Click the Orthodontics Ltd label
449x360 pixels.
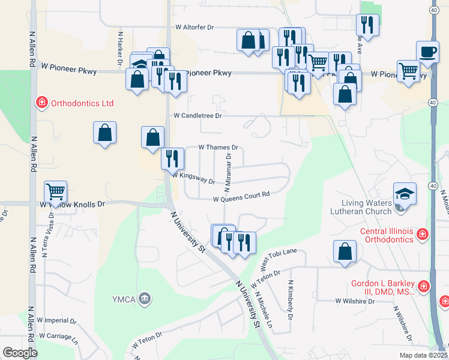click(x=82, y=103)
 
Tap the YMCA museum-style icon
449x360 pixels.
click(x=145, y=298)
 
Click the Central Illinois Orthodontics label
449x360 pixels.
click(x=387, y=235)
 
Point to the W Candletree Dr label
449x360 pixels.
click(x=198, y=115)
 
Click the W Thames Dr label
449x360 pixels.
click(x=218, y=147)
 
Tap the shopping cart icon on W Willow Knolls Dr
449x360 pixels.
click(x=55, y=192)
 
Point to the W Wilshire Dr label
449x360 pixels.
click(x=355, y=301)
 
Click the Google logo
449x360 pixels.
click(x=20, y=353)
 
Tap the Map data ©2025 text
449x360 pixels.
click(x=425, y=355)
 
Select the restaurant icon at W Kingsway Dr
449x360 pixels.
click(x=172, y=158)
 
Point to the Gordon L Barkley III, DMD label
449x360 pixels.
click(x=383, y=287)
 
